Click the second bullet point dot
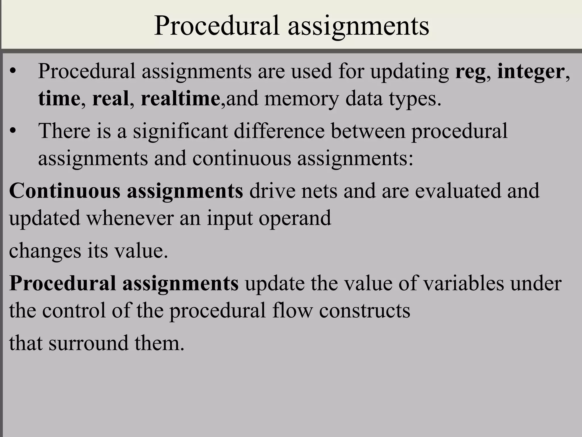[x=13, y=131]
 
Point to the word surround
[x=88, y=343]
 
